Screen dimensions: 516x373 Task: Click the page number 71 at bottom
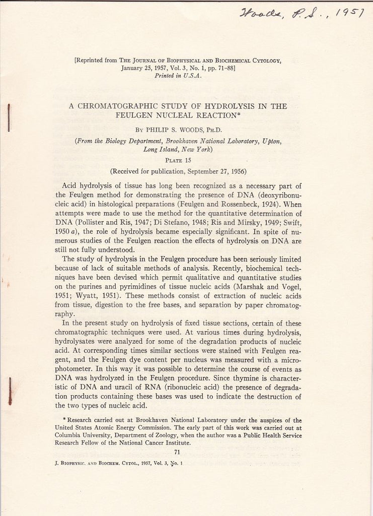177,452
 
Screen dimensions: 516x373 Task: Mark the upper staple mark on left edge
9,118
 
